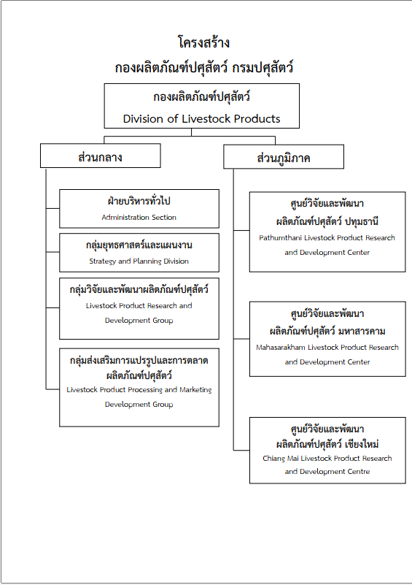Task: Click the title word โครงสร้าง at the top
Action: click(203, 42)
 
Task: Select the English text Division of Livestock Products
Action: click(201, 118)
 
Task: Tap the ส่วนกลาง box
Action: click(101, 156)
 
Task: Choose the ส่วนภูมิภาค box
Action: click(284, 157)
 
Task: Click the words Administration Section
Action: click(139, 217)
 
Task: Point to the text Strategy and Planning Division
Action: click(139, 261)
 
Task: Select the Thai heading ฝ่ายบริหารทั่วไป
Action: click(139, 201)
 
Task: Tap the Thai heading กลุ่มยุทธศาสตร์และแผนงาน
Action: click(139, 245)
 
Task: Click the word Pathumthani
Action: click(281, 237)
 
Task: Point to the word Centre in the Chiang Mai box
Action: click(358, 472)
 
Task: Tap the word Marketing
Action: click(195, 389)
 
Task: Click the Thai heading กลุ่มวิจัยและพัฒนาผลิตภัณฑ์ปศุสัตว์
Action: click(139, 289)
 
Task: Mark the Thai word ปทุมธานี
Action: click(362, 221)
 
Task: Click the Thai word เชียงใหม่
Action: click(362, 444)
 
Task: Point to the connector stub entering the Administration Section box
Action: click(53, 209)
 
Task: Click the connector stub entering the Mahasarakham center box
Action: click(242, 339)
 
